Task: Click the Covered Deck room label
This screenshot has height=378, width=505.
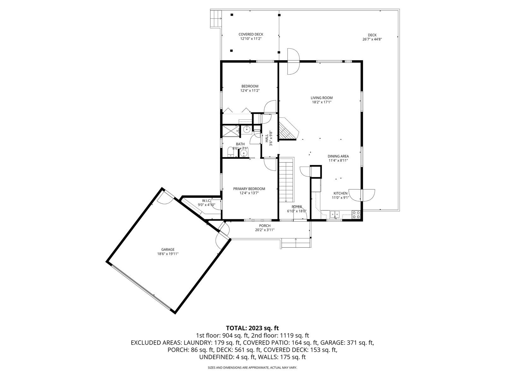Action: click(x=251, y=34)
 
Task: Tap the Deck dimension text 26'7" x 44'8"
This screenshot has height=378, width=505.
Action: click(x=372, y=39)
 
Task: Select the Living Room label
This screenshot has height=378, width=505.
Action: click(x=322, y=98)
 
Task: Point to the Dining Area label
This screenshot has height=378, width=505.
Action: click(x=338, y=156)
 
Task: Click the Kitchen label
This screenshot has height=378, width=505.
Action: click(x=341, y=193)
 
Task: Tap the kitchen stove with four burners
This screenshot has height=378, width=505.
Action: click(x=356, y=215)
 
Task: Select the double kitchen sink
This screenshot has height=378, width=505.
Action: click(x=335, y=215)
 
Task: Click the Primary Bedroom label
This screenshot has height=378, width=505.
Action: click(x=249, y=189)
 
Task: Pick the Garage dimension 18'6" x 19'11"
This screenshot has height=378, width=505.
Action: click(x=168, y=254)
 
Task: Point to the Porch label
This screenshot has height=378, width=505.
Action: click(x=264, y=226)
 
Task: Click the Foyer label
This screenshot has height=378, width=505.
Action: click(x=297, y=207)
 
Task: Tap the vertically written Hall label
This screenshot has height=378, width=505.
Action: click(x=267, y=138)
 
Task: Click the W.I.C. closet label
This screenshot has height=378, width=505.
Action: click(x=207, y=200)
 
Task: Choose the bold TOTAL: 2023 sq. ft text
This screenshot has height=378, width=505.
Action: click(x=252, y=328)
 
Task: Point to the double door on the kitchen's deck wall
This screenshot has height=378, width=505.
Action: click(x=362, y=195)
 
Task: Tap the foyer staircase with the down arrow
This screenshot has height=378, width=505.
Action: click(x=286, y=181)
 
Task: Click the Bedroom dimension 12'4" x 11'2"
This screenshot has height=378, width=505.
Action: click(x=250, y=91)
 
